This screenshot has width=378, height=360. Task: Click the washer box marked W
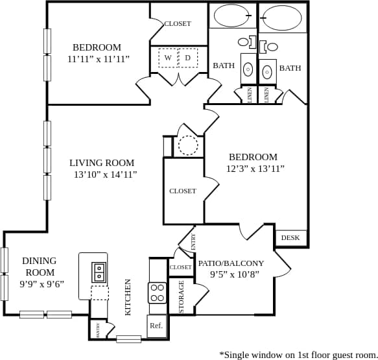pyautogui.click(x=168, y=58)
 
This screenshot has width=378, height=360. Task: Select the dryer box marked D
pyautogui.click(x=188, y=58)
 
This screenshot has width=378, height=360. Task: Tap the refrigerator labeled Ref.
pyautogui.click(x=156, y=326)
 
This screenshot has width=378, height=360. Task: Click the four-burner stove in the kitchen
pyautogui.click(x=158, y=293)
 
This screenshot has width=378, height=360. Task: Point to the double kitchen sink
pyautogui.click(x=99, y=271)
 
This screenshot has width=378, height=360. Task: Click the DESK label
pyautogui.click(x=290, y=237)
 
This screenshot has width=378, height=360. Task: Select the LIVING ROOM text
pyautogui.click(x=102, y=163)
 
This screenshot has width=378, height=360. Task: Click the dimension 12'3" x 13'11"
pyautogui.click(x=255, y=169)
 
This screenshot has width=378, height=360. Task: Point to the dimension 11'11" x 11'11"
pyautogui.click(x=98, y=59)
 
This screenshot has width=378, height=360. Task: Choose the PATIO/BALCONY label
pyautogui.click(x=231, y=263)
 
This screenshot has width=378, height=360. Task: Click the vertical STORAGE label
pyautogui.click(x=182, y=296)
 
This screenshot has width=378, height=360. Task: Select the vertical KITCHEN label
pyautogui.click(x=128, y=297)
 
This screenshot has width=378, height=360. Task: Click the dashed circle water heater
pyautogui.click(x=188, y=145)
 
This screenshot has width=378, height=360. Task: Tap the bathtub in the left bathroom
pyautogui.click(x=231, y=16)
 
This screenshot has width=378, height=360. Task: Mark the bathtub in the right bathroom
pyautogui.click(x=282, y=18)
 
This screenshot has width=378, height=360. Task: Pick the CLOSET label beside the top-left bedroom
pyautogui.click(x=177, y=23)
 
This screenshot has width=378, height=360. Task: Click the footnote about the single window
pyautogui.click(x=298, y=354)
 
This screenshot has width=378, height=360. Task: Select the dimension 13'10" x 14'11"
pyautogui.click(x=105, y=174)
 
